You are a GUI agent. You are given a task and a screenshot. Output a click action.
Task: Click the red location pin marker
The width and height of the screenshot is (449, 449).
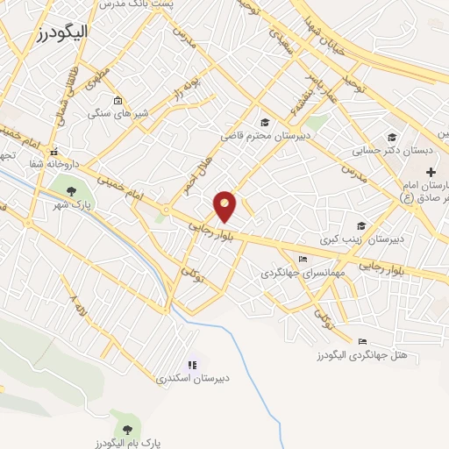coord(225,205)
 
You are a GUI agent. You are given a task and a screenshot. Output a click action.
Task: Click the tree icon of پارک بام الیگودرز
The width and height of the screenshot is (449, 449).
coord(129,429)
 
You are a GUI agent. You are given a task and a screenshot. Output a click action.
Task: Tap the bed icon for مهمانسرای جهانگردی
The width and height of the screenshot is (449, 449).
coord(303,259)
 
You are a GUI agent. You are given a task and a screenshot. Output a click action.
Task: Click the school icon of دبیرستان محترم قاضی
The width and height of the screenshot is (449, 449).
coord(265,122)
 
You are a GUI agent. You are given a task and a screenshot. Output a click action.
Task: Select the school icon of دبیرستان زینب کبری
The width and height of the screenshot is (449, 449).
coord(360,224)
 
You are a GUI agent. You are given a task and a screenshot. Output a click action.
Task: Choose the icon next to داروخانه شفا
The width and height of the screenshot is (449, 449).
coord(54,151)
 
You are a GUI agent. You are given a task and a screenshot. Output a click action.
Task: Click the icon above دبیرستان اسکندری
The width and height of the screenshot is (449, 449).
coord(192,364)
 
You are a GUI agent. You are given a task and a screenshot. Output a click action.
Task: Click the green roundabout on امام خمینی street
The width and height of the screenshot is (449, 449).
coord(164,210)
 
